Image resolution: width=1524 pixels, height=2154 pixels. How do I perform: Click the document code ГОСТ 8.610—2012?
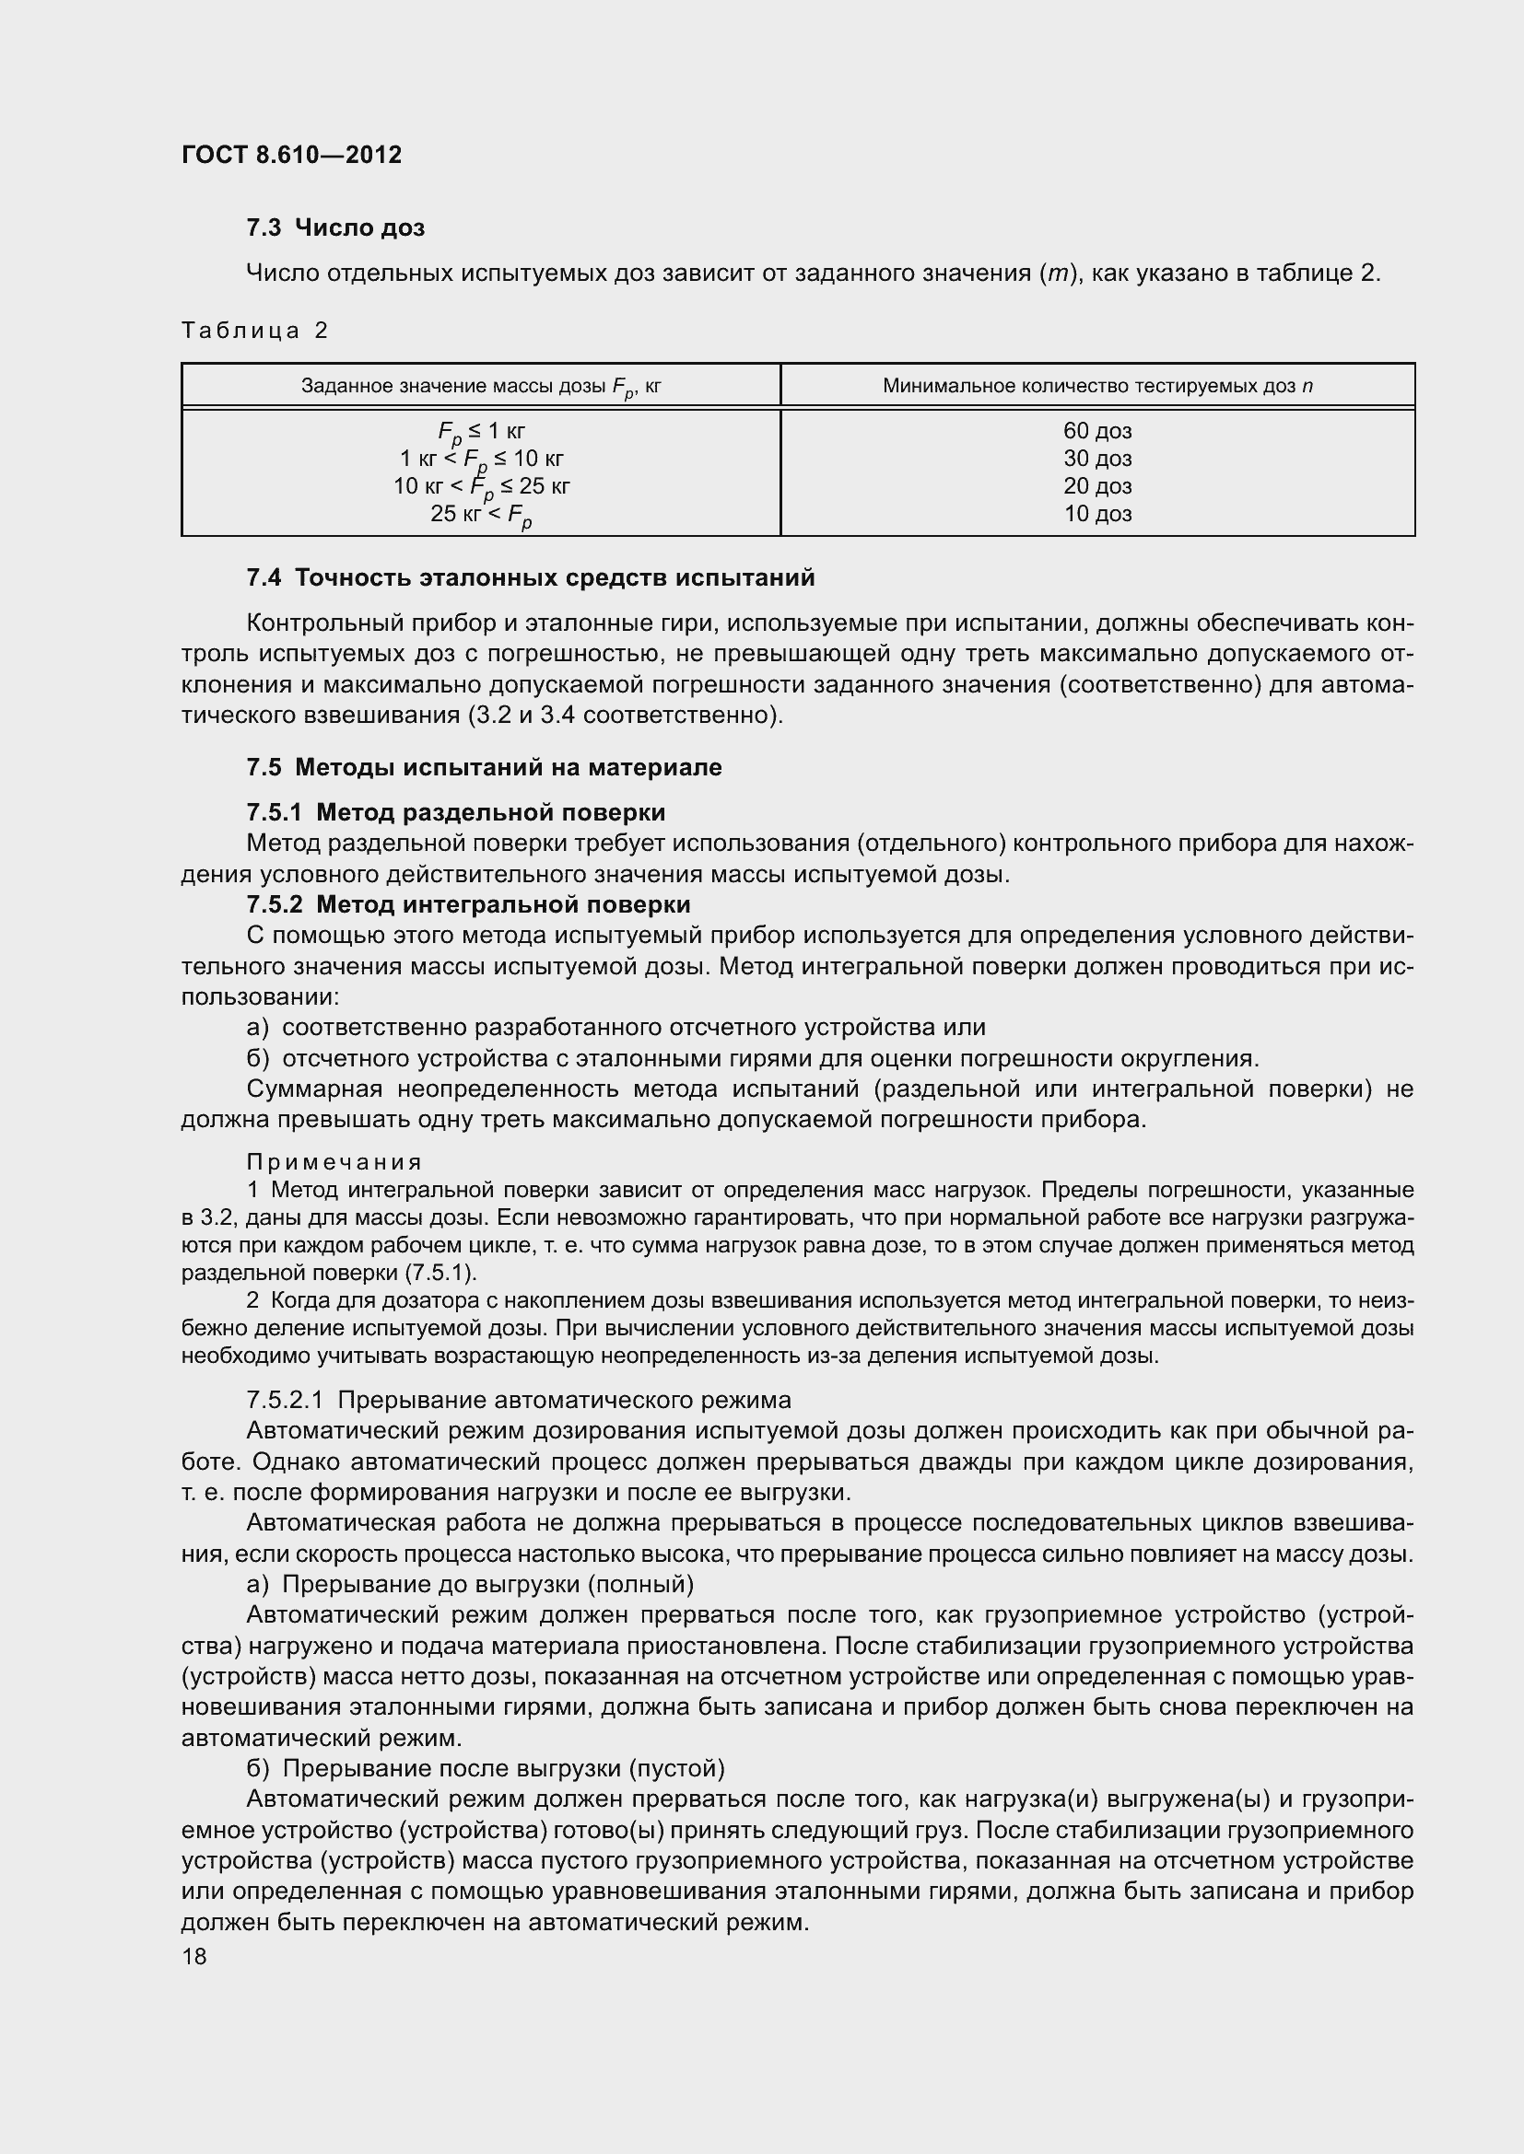291,155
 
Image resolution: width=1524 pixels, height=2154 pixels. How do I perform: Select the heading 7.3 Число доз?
335,228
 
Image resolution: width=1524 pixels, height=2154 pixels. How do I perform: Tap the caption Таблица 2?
254,331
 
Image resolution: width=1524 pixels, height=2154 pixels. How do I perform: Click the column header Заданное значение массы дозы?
480,386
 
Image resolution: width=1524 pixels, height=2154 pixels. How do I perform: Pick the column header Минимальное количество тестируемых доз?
1097,386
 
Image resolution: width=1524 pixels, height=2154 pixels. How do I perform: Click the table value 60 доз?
1097,431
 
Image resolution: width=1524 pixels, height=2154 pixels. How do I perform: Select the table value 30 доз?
1097,459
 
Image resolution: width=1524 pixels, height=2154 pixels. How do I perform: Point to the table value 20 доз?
1097,486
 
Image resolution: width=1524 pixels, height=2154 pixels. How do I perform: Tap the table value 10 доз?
1097,514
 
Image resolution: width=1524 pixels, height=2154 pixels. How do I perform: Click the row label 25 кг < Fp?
480,515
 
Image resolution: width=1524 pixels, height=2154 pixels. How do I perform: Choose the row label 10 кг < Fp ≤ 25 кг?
480,487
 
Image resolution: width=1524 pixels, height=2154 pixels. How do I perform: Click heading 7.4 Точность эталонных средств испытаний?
530,578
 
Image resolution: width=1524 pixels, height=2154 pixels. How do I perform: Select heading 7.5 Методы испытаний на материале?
484,767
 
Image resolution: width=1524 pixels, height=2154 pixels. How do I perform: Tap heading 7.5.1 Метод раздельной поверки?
455,812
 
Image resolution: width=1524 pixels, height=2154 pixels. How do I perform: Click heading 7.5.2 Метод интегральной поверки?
467,904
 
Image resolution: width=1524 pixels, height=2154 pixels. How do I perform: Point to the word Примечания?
334,1162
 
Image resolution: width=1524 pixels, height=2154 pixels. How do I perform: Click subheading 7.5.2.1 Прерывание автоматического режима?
518,1401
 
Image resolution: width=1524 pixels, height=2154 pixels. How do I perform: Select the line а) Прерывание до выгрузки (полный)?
469,1585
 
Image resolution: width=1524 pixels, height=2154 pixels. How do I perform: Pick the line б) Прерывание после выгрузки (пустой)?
486,1768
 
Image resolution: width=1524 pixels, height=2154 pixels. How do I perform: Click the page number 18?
194,1957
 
